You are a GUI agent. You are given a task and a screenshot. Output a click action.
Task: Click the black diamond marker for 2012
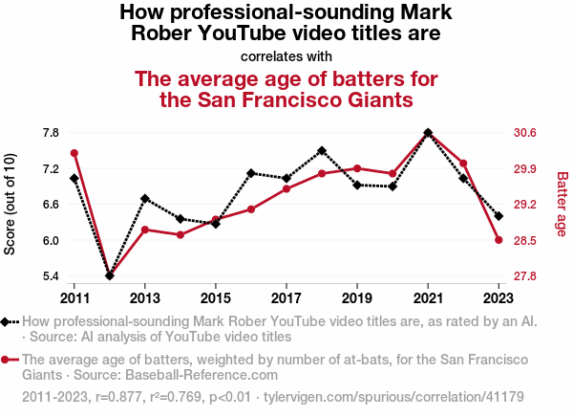(110, 275)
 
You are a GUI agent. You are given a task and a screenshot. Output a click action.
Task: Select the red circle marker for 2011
(74, 153)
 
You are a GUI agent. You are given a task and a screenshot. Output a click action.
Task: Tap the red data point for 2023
(499, 240)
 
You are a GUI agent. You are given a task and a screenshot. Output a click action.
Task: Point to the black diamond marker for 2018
(322, 150)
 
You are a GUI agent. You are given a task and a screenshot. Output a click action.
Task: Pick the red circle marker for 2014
(180, 234)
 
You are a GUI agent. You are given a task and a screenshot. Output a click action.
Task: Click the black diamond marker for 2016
(251, 173)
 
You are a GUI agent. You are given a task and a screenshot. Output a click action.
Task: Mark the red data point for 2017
(286, 188)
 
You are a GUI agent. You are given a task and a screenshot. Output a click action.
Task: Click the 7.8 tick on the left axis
(51, 132)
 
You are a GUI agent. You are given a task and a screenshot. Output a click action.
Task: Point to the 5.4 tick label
(51, 276)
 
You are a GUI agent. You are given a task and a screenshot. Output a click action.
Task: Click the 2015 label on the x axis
(216, 296)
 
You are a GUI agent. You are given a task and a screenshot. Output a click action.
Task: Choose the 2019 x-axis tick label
(357, 296)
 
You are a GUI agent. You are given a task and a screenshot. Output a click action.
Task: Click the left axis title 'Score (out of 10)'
(11, 204)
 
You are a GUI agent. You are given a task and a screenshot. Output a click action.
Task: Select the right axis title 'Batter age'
(562, 204)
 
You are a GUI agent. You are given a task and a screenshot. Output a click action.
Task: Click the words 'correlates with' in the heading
(286, 55)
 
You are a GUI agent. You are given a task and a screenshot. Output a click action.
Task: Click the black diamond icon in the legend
(7, 322)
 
